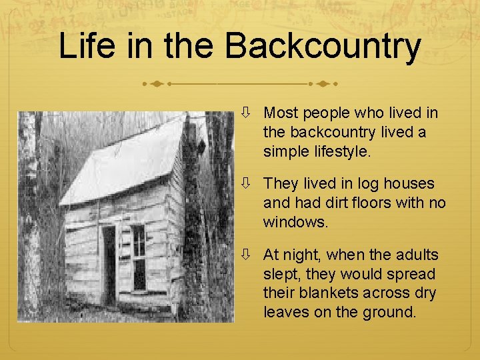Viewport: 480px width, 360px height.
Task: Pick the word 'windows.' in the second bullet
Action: click(296, 222)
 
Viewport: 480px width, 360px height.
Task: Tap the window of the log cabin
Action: click(139, 256)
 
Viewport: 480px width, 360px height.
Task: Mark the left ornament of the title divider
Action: click(157, 85)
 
